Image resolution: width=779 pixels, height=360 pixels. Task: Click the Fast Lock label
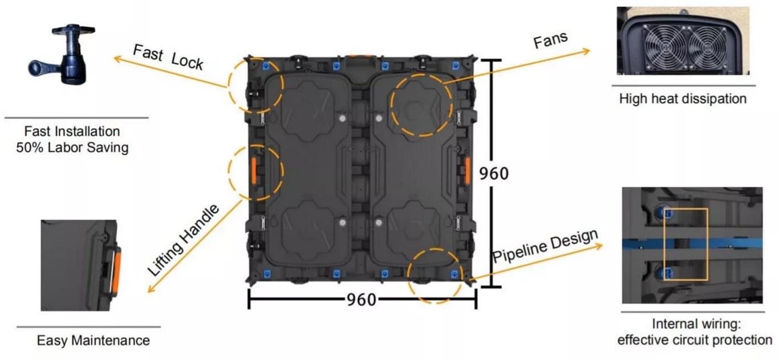pos(168,57)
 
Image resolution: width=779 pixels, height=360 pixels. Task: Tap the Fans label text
pos(551,40)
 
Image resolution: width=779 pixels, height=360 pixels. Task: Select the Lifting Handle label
pos(183,240)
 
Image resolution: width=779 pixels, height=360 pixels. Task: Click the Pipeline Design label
pos(546,246)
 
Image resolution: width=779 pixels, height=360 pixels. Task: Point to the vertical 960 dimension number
pos(494,173)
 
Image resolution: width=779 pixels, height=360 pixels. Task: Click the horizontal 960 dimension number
pos(362,300)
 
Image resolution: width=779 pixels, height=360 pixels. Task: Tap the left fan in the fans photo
pos(664,47)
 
